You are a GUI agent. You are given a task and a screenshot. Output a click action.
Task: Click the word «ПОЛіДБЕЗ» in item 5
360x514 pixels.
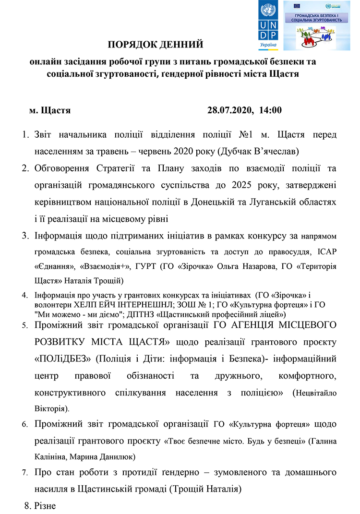(59, 359)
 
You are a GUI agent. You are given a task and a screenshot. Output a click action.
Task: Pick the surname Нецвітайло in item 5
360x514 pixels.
(317, 393)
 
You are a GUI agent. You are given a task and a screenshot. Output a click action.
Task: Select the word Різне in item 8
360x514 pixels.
(46, 505)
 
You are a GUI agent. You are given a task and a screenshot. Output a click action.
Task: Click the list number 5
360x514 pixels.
(25, 326)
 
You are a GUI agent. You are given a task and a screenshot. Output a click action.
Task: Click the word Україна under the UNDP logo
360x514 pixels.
(268, 45)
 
